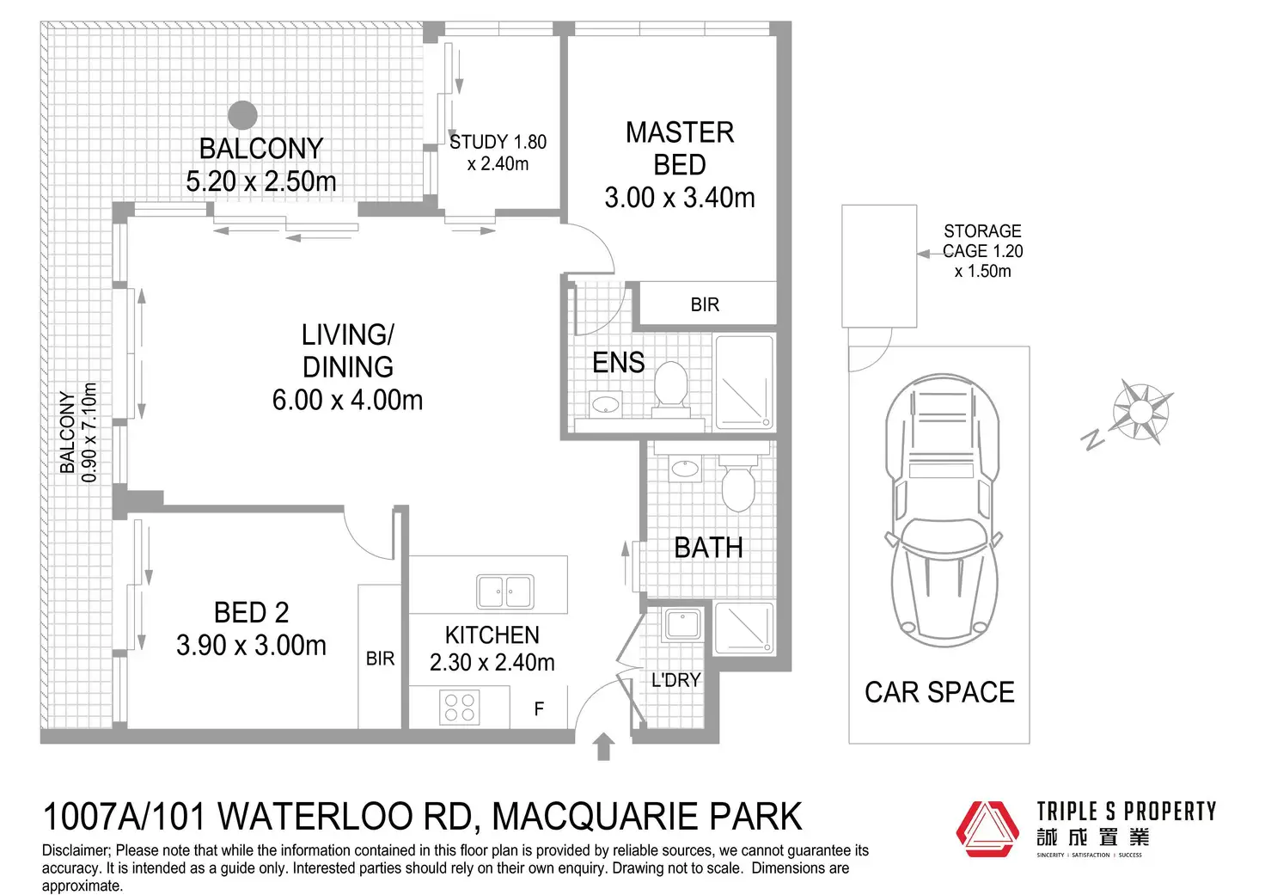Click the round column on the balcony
click(243, 115)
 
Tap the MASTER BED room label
click(680, 149)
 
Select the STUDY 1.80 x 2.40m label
click(498, 152)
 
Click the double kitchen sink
click(504, 592)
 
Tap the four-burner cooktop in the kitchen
click(460, 707)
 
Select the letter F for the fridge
click(540, 708)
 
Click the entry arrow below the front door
click(603, 746)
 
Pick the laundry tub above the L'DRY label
click(682, 625)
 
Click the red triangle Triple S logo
click(987, 829)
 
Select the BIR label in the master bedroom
click(705, 305)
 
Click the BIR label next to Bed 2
click(380, 659)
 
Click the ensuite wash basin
click(605, 404)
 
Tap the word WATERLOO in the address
click(345, 817)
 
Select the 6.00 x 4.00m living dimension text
click(347, 400)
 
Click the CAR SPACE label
click(939, 693)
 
